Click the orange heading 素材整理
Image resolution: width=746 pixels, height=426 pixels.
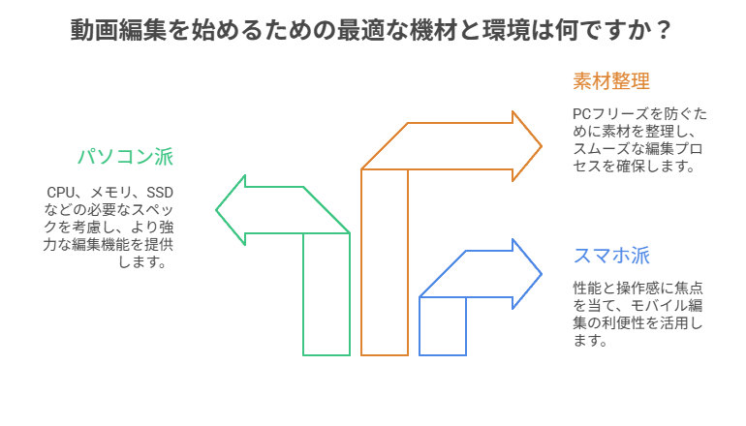pos(610,81)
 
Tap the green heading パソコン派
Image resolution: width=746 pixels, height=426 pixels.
pos(126,157)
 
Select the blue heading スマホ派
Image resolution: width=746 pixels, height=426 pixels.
pos(610,256)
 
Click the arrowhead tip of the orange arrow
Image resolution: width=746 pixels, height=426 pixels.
pos(540,146)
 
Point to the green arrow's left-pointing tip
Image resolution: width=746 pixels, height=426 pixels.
pos(218,210)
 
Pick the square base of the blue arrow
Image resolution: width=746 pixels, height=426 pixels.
pos(443,325)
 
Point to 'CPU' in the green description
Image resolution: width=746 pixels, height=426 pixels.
pos(61,192)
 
